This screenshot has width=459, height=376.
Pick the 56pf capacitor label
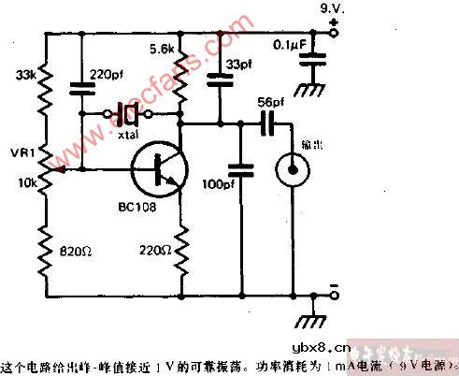(268, 102)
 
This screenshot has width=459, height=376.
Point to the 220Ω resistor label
(155, 253)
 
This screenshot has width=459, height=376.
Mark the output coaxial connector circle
(293, 169)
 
